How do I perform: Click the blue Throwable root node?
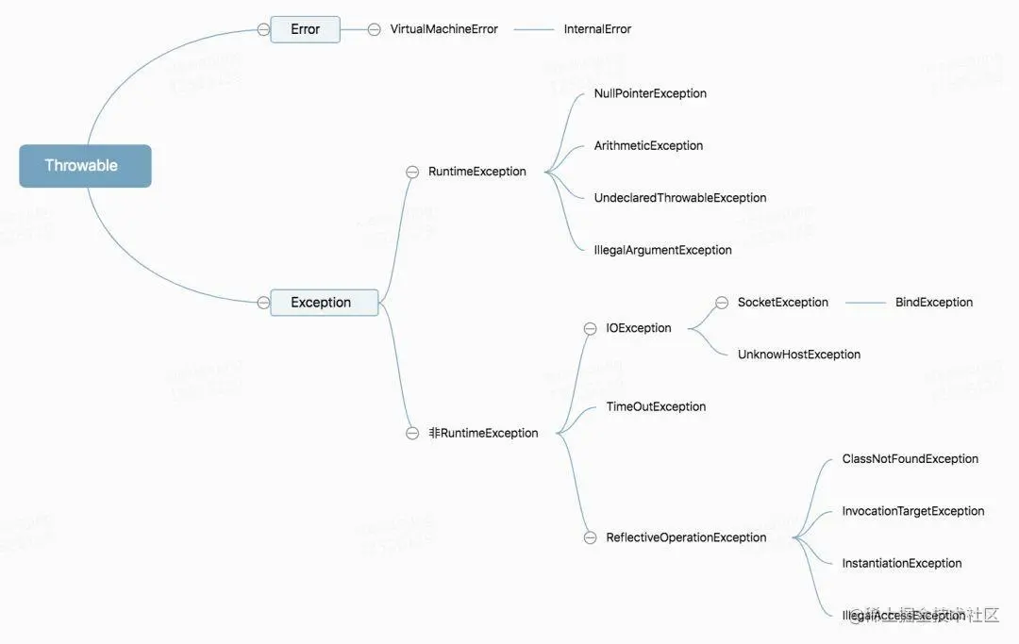tap(85, 166)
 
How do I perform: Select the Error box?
tap(305, 29)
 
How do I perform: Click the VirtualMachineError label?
tap(443, 29)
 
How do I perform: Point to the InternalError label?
tap(597, 29)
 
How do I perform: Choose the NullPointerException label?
tap(650, 93)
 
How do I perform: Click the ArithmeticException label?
tap(648, 146)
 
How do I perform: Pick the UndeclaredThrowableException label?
tap(679, 198)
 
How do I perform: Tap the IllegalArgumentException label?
tap(662, 250)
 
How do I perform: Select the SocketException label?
tap(782, 303)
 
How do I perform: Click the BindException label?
tap(933, 303)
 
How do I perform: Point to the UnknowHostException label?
tap(798, 355)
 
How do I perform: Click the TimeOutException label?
tap(656, 407)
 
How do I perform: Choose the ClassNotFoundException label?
tap(910, 459)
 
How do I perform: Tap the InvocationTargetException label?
tap(912, 511)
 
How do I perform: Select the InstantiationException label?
tap(901, 564)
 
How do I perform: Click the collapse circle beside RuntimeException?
tap(412, 172)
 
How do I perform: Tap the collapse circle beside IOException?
tap(590, 329)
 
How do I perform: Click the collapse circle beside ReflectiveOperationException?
tap(590, 537)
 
